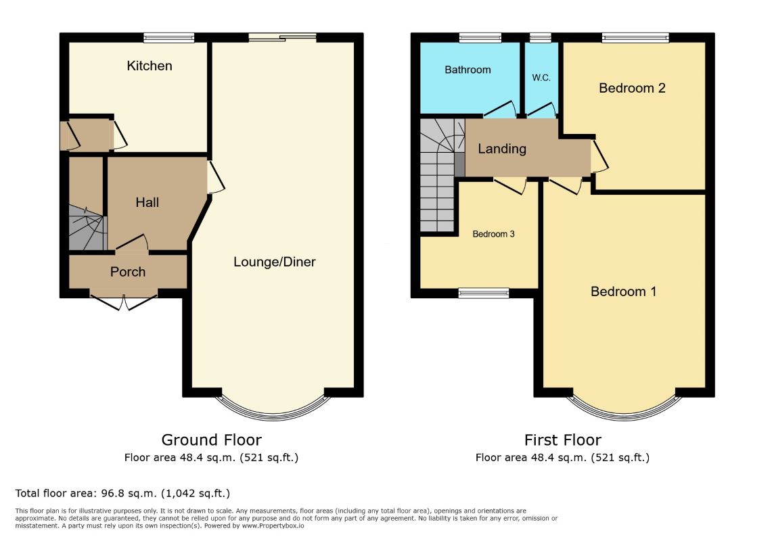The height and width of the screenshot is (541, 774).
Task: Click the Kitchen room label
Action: tap(149, 66)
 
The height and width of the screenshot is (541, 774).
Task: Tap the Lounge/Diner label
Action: tap(275, 262)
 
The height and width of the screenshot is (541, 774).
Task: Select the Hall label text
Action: tap(147, 202)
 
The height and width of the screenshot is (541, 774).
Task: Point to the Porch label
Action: tap(128, 272)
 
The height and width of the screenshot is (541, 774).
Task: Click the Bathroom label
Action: tap(468, 70)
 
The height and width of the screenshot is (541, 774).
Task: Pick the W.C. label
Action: tap(541, 77)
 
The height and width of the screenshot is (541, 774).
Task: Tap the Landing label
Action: tap(502, 149)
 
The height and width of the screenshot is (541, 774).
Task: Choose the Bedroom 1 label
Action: tap(623, 291)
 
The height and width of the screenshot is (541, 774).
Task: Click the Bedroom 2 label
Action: tap(632, 89)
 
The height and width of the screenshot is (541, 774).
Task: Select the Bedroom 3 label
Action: tap(493, 234)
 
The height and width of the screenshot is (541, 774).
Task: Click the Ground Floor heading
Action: tap(211, 440)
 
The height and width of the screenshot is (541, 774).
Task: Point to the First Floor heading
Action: tap(563, 440)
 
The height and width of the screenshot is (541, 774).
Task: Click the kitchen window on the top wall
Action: tap(169, 37)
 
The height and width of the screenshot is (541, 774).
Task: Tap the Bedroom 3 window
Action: tap(484, 293)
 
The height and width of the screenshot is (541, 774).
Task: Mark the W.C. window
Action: tap(541, 37)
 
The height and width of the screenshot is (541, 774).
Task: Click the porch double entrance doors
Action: tap(123, 302)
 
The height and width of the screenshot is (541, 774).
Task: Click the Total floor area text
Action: tap(122, 493)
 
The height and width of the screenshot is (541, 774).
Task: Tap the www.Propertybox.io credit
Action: tap(273, 525)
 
